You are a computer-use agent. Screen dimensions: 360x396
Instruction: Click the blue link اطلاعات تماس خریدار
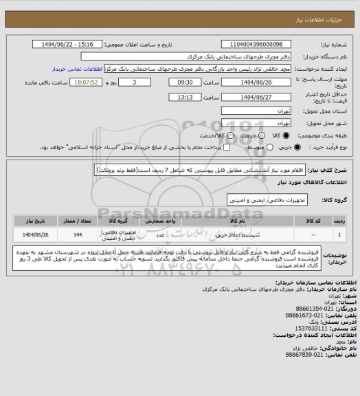(80, 69)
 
